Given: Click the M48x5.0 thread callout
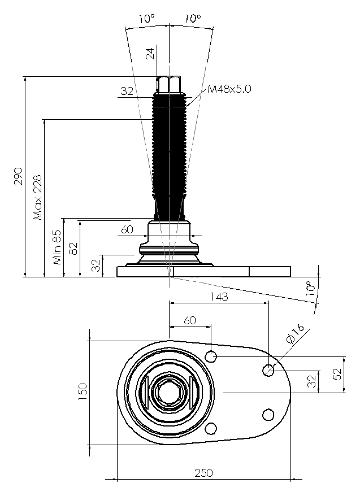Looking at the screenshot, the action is click(229, 89).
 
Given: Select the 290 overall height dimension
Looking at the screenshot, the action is click(18, 176).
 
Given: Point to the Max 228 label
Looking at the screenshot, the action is click(38, 197).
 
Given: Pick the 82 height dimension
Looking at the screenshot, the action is click(73, 249).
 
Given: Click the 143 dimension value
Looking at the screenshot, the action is click(219, 297).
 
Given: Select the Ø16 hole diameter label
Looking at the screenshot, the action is click(295, 335).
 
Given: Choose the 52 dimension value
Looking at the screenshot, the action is click(338, 374).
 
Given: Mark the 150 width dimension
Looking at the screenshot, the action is click(83, 392).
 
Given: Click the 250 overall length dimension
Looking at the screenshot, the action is click(203, 473).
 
